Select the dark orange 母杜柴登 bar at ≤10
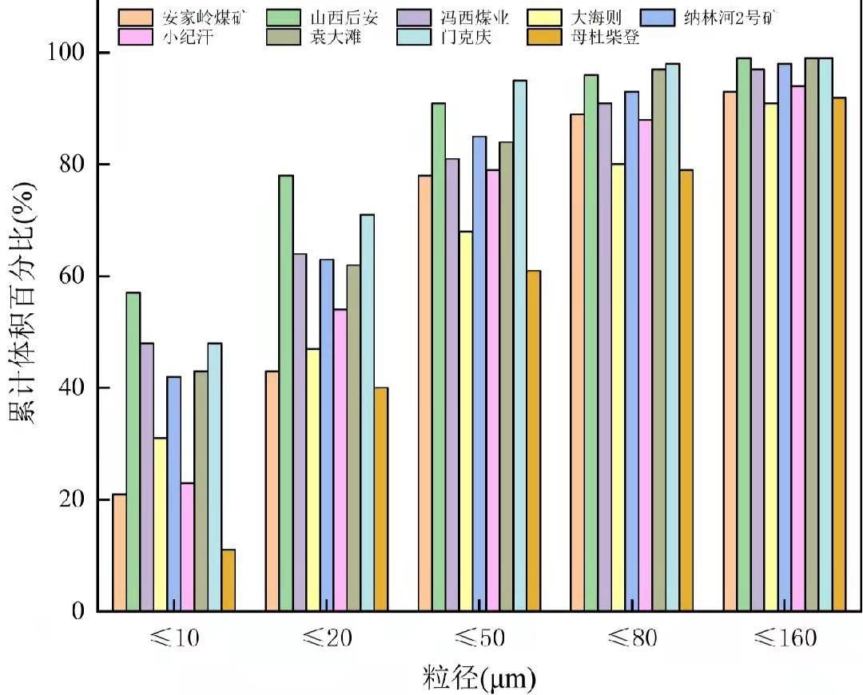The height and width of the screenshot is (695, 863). coord(228,580)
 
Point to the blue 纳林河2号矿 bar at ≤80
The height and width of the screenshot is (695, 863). coord(631,351)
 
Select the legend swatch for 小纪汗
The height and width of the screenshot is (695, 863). coord(136,37)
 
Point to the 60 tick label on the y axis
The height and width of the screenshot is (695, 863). coord(70,276)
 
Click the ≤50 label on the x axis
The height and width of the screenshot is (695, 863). coord(479,638)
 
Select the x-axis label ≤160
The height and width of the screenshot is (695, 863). coord(785,638)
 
